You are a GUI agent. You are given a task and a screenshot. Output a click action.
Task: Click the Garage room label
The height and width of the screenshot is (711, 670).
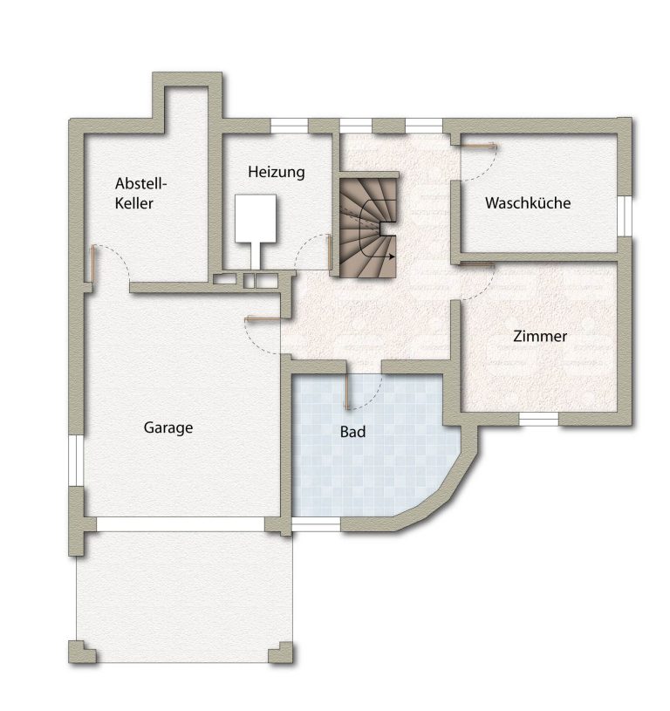pos(168,427)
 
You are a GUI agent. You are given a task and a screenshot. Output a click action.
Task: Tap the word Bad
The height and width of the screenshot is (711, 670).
pos(352,432)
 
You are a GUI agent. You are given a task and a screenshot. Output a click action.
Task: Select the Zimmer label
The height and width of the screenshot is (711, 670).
pos(540,336)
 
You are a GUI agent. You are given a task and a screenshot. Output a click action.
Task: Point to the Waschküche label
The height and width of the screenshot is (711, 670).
pos(528,202)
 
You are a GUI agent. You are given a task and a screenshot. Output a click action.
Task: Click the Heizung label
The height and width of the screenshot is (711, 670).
pos(276,173)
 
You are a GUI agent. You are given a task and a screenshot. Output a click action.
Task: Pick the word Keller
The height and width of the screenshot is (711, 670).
pos(133,203)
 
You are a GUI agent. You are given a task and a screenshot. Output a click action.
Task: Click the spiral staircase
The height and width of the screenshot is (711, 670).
pos(368,228)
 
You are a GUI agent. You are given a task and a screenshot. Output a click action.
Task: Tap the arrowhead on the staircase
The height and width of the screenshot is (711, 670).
pos(391,256)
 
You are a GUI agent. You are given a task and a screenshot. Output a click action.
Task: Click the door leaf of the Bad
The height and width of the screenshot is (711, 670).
pos(347,391)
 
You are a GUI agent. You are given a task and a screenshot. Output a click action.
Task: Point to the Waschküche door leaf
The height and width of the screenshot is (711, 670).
pos(478,146)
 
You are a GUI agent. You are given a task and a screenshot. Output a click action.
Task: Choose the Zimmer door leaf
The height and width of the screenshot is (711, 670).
pos(477,263)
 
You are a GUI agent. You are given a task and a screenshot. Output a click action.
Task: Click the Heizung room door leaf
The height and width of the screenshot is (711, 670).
pos(329,251)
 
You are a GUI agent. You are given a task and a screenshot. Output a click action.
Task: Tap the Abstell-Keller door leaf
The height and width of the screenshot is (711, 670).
pos(93,264)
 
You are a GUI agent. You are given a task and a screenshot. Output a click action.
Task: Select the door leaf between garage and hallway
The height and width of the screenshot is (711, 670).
pos(263,319)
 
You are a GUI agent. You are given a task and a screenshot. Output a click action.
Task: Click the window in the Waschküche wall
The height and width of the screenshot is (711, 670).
pos(625,215)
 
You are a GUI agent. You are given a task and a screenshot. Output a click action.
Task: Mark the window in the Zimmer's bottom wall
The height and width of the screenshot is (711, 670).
pos(538,419)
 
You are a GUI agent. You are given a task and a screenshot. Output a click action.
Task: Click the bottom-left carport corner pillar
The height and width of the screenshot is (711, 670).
pos(82,652)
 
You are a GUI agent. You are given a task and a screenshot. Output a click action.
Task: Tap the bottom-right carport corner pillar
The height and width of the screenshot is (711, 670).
pos(281,652)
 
